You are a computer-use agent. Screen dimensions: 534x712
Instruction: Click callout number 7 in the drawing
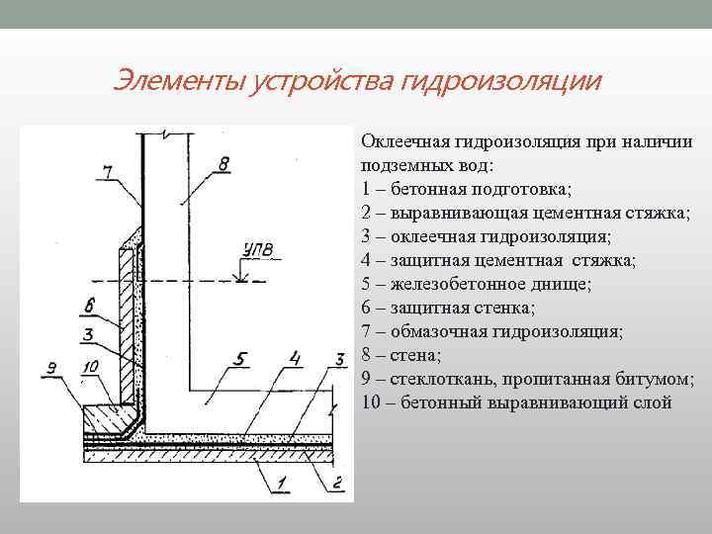point(108,171)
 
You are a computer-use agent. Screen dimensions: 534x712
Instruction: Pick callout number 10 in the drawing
point(91,368)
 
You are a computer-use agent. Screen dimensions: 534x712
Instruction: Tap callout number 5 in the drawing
point(238,357)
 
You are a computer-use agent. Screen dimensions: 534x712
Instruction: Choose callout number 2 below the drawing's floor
point(336,482)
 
